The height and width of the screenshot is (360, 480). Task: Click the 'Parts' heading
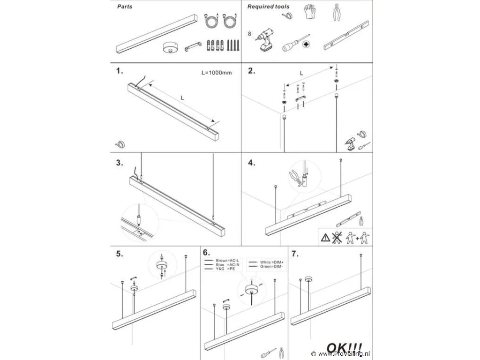[x=124, y=7]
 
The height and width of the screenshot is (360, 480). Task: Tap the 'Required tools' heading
[x=268, y=7]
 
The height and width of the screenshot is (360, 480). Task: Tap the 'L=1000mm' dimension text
[x=216, y=73]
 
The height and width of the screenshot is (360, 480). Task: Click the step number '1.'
[x=120, y=71]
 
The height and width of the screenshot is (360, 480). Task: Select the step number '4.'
[x=252, y=163]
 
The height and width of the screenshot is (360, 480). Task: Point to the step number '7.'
[x=295, y=254]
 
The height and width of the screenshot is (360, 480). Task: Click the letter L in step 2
[x=301, y=74]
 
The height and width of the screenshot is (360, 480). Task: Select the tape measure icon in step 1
[x=120, y=144]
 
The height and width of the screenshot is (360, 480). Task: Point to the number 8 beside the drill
[x=249, y=34]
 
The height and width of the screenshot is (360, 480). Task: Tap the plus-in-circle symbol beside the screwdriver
[x=306, y=45]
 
